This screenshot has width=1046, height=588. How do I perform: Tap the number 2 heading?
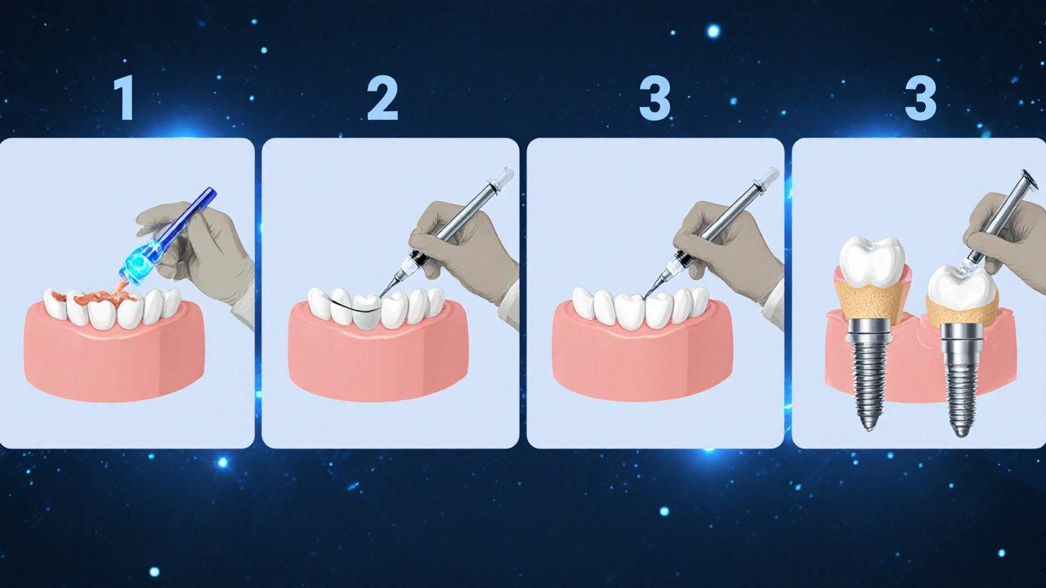pyautogui.click(x=382, y=98)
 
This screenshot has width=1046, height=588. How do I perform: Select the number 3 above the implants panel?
pyautogui.click(x=920, y=98)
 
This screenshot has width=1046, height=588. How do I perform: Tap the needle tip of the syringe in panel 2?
pyautogui.click(x=381, y=296)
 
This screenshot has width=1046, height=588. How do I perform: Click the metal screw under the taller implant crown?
pyautogui.click(x=869, y=373)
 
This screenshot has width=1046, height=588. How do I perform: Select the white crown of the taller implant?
pyautogui.click(x=872, y=261)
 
